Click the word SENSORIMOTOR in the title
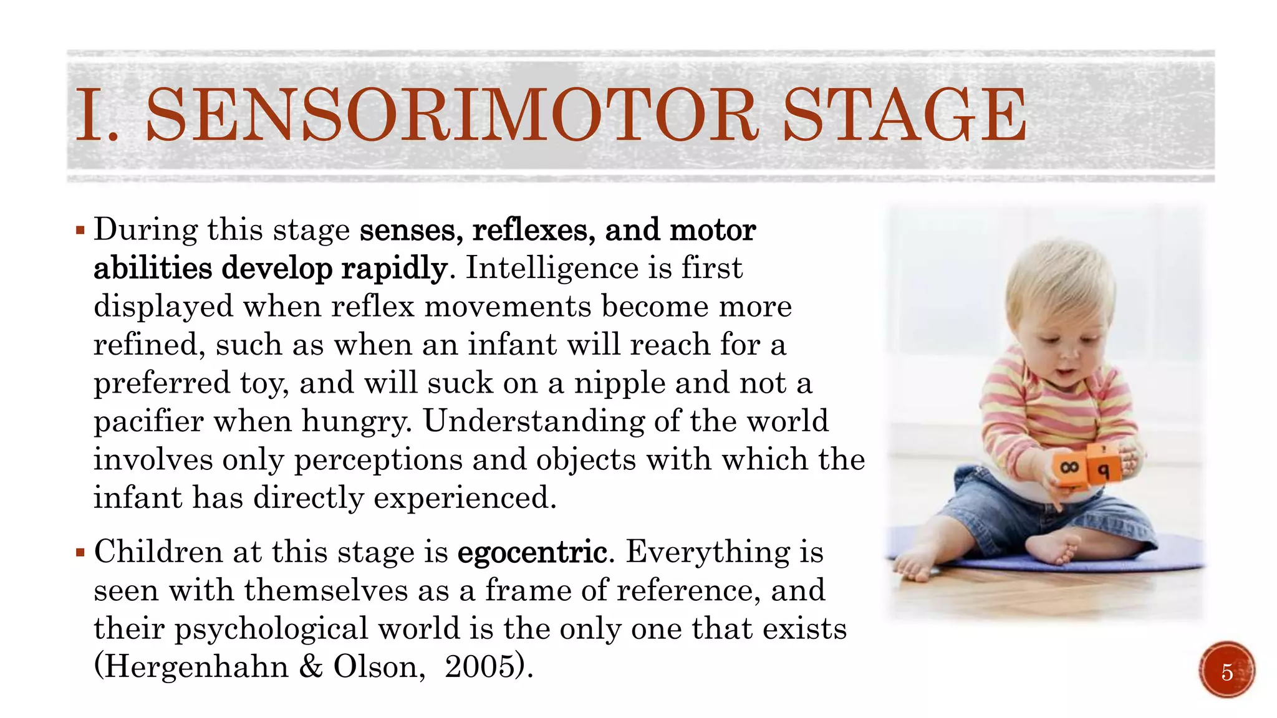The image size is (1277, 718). coord(452,115)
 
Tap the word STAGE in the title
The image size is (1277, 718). coord(904,115)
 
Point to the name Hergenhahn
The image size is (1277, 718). coord(196,666)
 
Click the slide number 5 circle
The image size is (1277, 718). coord(1226,671)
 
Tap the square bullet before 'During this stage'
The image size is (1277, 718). coord(80,231)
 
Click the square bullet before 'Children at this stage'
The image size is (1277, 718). coord(80,552)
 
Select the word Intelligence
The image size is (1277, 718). coord(552,269)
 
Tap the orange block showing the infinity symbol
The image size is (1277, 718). coord(1069,467)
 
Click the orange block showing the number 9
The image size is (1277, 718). coord(1103,467)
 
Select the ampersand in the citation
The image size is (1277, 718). coord(311,666)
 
